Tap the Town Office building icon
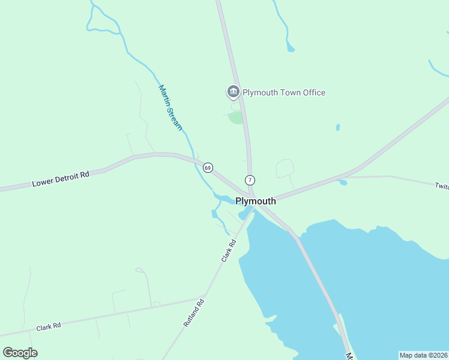(x=233, y=92)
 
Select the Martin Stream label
(x=170, y=108)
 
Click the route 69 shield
(x=208, y=168)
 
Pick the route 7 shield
(x=250, y=180)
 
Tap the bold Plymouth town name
(x=256, y=201)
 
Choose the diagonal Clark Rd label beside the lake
(x=229, y=251)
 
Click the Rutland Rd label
(x=194, y=313)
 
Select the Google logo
(x=20, y=353)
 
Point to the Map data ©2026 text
(x=423, y=355)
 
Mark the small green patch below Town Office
(x=237, y=117)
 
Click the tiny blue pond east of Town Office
(x=338, y=127)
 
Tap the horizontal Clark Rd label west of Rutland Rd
(x=49, y=327)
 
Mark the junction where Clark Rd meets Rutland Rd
(x=205, y=297)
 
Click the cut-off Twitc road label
(x=442, y=186)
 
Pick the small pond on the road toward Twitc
(x=343, y=182)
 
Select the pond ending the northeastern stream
(x=291, y=47)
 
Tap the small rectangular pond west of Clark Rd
(x=214, y=214)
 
